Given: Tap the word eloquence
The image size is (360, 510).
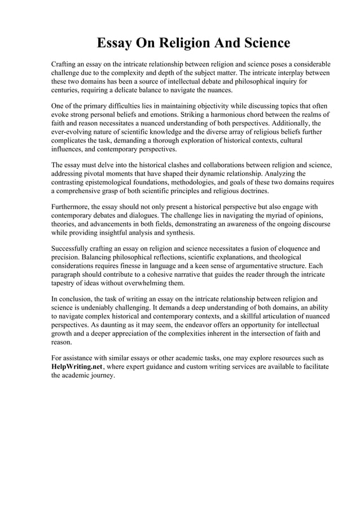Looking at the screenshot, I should [x=289, y=249].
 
